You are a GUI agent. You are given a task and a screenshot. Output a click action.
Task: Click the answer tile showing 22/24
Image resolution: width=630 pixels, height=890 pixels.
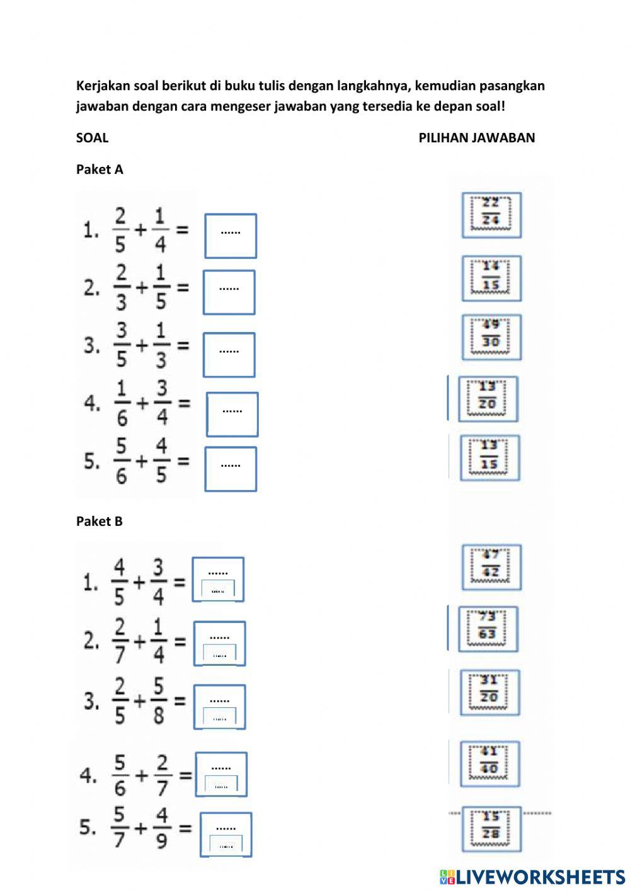tap(491, 215)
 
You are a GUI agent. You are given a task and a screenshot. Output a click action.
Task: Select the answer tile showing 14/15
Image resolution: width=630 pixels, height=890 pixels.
tap(491, 278)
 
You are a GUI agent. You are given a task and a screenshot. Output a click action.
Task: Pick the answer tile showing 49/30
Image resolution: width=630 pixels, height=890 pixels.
tap(491, 336)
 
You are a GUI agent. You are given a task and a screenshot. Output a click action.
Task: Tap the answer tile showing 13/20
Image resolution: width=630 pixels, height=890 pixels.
tap(488, 399)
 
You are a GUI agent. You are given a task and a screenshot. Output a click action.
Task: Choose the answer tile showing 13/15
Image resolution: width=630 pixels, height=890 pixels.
tap(489, 457)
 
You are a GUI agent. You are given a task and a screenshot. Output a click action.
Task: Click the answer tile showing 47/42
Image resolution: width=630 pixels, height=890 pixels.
tap(491, 567)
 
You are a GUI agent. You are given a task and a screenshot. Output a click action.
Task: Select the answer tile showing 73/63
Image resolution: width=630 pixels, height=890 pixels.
tap(487, 628)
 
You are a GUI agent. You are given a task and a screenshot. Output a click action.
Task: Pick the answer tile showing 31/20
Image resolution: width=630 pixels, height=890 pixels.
tap(490, 692)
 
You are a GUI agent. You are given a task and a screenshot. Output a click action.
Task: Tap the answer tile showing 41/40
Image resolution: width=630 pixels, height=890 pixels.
tap(490, 763)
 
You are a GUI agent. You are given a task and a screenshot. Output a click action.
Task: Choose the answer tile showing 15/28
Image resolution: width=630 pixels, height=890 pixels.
tap(491, 828)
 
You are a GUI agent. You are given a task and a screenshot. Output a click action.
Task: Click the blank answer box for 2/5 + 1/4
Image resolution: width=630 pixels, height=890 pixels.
tap(231, 236)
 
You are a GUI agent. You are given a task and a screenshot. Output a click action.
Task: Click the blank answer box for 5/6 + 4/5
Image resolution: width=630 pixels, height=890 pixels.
tap(231, 469)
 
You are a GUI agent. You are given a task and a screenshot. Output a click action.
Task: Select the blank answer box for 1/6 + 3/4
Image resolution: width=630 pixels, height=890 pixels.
tap(232, 414)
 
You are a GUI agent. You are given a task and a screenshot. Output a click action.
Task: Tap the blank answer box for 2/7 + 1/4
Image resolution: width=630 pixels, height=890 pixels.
tap(219, 643)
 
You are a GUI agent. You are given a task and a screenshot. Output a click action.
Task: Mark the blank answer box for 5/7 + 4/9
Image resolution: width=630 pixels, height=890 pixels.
tap(226, 835)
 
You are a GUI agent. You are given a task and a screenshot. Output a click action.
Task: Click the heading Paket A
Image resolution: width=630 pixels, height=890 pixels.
tap(100, 169)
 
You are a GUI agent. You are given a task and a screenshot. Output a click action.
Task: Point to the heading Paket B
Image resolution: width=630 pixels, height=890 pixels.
tap(100, 522)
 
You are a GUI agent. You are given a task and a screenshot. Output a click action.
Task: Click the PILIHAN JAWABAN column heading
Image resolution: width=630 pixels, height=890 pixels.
tap(476, 138)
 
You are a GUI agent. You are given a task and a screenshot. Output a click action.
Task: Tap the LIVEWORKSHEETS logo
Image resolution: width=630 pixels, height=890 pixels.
tap(532, 876)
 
